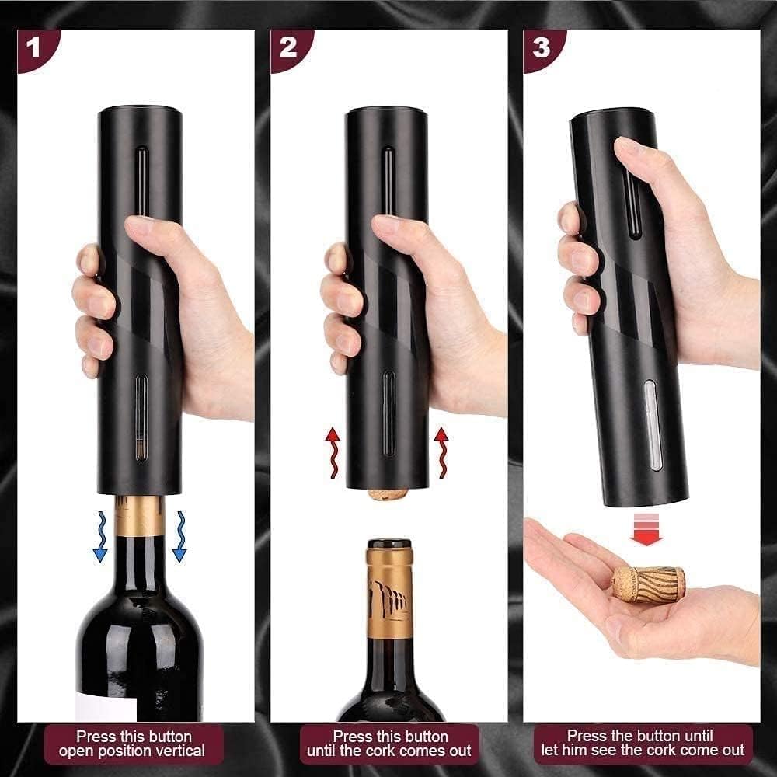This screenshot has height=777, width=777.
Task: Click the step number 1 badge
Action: tap(33, 48)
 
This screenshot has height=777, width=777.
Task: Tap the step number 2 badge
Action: tap(287, 48)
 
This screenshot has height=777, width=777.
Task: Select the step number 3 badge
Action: tap(541, 48)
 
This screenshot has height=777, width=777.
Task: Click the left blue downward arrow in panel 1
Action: tap(99, 536)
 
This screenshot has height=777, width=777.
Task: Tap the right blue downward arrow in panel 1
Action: tap(179, 536)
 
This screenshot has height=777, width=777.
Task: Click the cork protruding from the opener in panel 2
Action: tap(388, 493)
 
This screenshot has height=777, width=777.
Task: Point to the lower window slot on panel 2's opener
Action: tap(388, 412)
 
